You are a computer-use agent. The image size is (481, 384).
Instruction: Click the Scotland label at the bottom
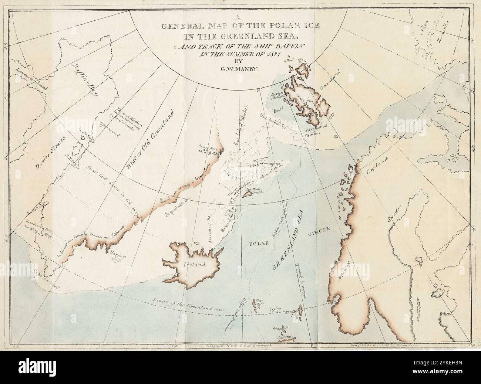click(287, 337)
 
